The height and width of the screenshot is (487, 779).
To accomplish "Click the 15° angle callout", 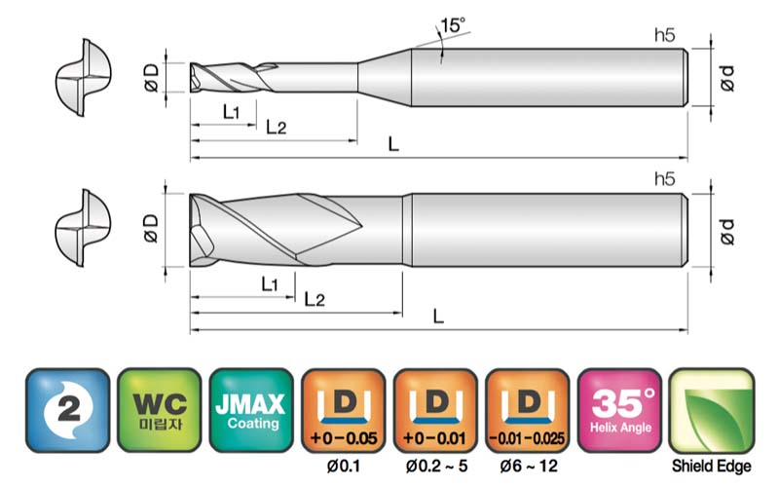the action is tap(453, 25).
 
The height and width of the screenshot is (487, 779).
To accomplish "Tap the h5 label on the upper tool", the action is tap(665, 35).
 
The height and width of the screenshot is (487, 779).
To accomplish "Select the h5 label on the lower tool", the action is tap(665, 179).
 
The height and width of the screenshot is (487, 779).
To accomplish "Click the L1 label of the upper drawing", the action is tap(231, 112).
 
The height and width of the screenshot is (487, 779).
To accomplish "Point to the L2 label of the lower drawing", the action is tap(315, 300).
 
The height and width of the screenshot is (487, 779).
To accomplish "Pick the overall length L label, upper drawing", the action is tap(393, 144).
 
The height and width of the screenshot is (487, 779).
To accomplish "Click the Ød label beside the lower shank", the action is tap(726, 232).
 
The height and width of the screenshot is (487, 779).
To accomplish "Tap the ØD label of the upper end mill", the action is tap(151, 78).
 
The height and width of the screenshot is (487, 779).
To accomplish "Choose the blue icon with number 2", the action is tap(67, 410).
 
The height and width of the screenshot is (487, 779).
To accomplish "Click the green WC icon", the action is tap(160, 410).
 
